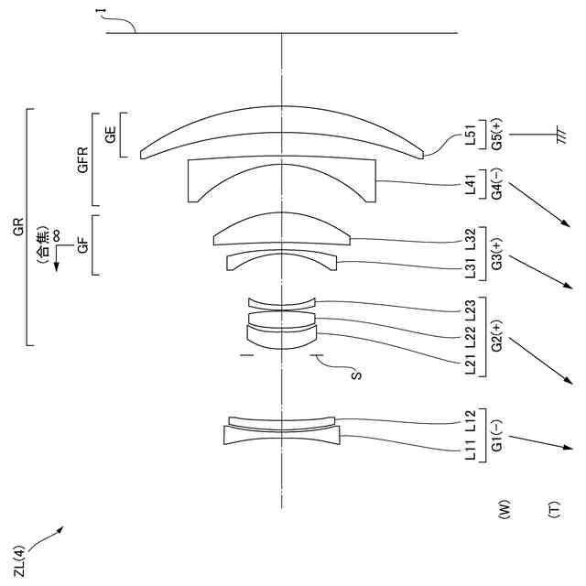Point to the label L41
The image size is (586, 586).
click(x=470, y=187)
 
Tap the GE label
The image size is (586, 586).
click(x=111, y=136)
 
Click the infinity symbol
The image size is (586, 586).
click(x=57, y=235)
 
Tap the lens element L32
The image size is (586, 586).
click(x=281, y=229)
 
